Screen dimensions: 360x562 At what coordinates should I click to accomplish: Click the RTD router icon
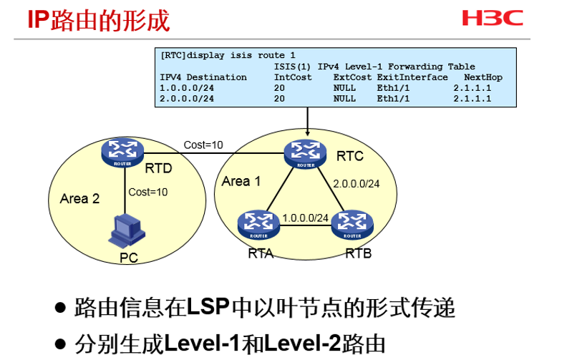[123, 152]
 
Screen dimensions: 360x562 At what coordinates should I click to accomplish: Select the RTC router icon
[306, 152]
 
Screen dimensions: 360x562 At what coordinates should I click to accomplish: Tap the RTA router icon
[257, 223]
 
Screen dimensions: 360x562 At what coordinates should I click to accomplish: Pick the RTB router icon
[351, 223]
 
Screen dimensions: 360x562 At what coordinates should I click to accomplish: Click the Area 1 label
[241, 181]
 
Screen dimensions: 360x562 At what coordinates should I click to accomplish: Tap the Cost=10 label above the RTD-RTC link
[203, 145]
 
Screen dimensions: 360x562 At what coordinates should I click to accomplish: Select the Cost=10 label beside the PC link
[148, 192]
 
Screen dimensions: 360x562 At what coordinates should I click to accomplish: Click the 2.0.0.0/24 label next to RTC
[356, 183]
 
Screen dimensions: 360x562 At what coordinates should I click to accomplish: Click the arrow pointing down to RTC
[307, 122]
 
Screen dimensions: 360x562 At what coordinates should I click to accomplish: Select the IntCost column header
[293, 77]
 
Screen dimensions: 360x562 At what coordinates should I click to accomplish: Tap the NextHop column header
[483, 77]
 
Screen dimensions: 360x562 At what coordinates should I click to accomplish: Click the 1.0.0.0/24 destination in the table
[187, 88]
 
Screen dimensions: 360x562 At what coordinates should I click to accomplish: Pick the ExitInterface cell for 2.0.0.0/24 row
[392, 99]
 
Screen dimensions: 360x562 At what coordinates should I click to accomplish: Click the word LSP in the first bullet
[208, 308]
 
